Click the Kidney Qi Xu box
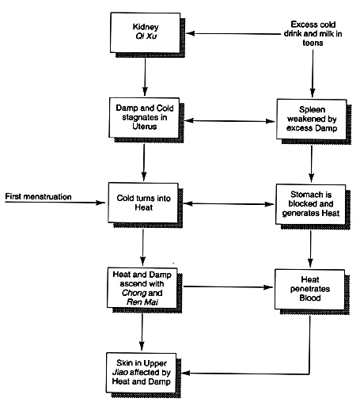[146, 32]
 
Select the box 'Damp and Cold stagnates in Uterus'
[144, 118]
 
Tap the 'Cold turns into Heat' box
[143, 203]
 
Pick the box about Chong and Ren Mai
[142, 288]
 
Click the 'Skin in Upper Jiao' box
[141, 373]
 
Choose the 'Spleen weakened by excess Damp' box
[312, 119]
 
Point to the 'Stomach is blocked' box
[311, 204]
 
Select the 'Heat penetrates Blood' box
[310, 289]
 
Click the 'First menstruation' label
[38, 196]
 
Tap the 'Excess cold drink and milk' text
[313, 33]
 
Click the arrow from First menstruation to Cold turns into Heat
[55, 203]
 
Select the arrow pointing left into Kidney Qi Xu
[233, 33]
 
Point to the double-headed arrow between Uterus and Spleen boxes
[229, 121]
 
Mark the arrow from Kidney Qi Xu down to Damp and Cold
[145, 77]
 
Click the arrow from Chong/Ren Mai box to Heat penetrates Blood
[229, 286]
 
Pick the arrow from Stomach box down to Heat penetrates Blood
[311, 249]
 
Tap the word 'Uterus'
[145, 127]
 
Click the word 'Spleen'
[312, 109]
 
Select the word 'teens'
[313, 43]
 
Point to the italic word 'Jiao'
[120, 372]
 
